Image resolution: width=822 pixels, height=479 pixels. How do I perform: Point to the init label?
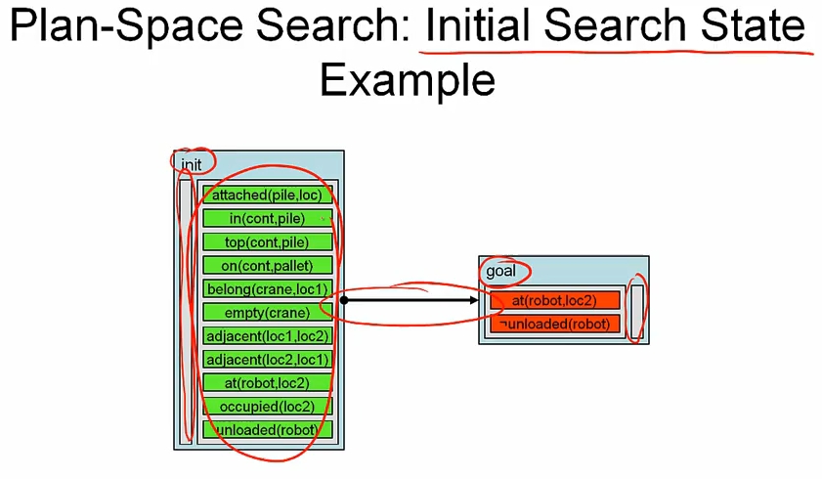pos(192,164)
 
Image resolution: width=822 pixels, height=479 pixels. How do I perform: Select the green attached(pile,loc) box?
pos(267,195)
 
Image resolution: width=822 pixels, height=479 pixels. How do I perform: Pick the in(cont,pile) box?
pos(267,218)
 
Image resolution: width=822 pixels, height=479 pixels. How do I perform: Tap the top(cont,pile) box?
pos(267,241)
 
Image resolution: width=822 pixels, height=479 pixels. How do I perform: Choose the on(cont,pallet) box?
pos(267,265)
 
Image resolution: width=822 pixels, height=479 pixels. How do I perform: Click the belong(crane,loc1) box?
pos(267,289)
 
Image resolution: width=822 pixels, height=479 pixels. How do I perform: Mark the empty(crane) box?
pos(267,313)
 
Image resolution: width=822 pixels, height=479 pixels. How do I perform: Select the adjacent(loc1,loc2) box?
pos(267,336)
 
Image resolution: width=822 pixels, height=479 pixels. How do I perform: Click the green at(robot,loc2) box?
pos(267,383)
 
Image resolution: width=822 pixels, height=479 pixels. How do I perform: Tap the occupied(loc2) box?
pos(267,407)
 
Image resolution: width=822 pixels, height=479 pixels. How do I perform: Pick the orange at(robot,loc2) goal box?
pos(554,300)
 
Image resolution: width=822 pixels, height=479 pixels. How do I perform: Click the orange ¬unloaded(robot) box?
pos(554,324)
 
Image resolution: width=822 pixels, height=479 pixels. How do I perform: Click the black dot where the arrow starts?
pos(344,300)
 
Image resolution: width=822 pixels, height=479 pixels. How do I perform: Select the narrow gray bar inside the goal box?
pos(637,310)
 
